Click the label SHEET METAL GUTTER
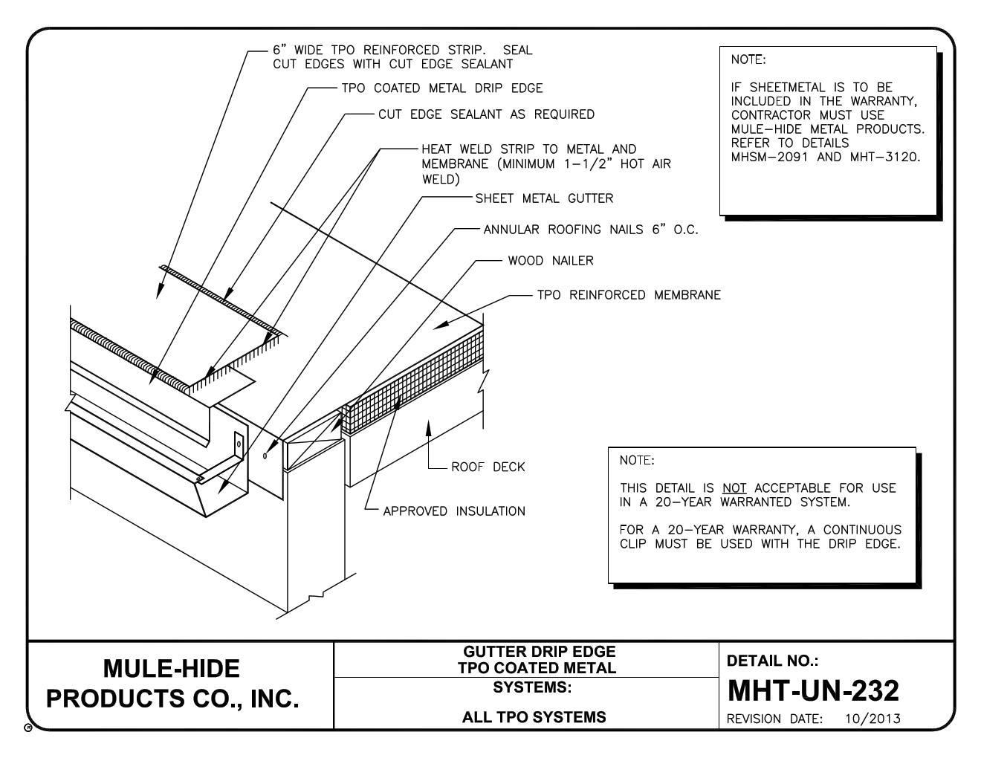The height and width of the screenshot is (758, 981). click(x=544, y=198)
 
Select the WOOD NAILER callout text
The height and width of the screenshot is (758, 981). click(x=550, y=261)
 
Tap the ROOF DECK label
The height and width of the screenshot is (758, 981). click(x=488, y=467)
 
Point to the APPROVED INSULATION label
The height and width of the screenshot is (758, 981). click(x=453, y=511)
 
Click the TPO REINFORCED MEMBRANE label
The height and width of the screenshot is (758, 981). click(x=629, y=295)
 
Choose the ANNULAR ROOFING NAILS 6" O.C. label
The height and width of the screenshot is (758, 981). click(x=591, y=230)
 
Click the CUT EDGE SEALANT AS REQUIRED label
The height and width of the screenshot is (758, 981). click(x=486, y=114)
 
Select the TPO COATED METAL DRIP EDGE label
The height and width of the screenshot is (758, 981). click(x=441, y=88)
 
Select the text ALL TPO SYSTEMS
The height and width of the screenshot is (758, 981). click(x=531, y=717)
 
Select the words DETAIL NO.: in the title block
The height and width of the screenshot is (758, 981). click(x=771, y=661)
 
